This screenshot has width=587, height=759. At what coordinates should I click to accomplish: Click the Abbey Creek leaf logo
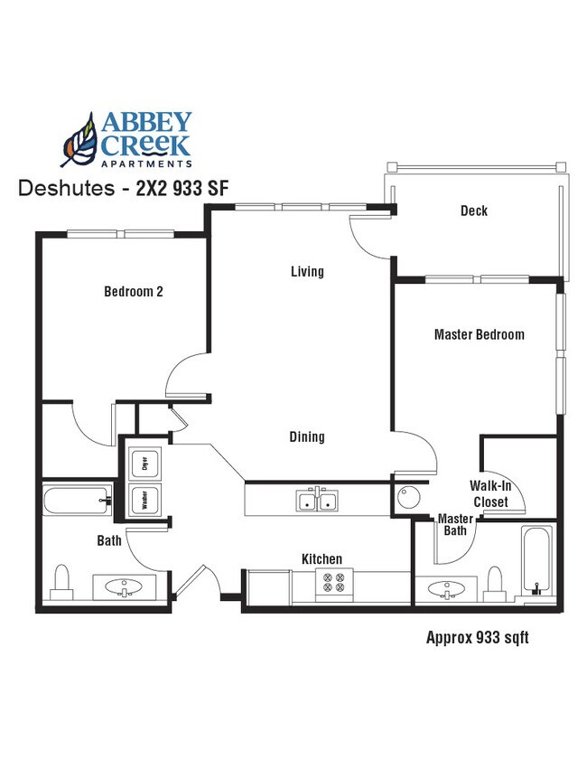click(x=79, y=140)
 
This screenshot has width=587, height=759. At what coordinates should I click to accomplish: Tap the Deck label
click(x=473, y=211)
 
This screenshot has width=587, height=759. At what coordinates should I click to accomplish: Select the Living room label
click(x=307, y=271)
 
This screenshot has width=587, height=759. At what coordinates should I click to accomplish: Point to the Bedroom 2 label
click(x=134, y=292)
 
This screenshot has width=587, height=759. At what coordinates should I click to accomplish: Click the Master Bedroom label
click(x=479, y=334)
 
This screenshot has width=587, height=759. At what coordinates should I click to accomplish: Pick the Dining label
click(x=307, y=437)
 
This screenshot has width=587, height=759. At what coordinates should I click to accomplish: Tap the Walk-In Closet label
click(x=490, y=493)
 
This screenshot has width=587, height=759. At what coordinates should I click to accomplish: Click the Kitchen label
click(x=321, y=559)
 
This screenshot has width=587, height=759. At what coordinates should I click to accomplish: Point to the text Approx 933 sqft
click(x=477, y=638)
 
